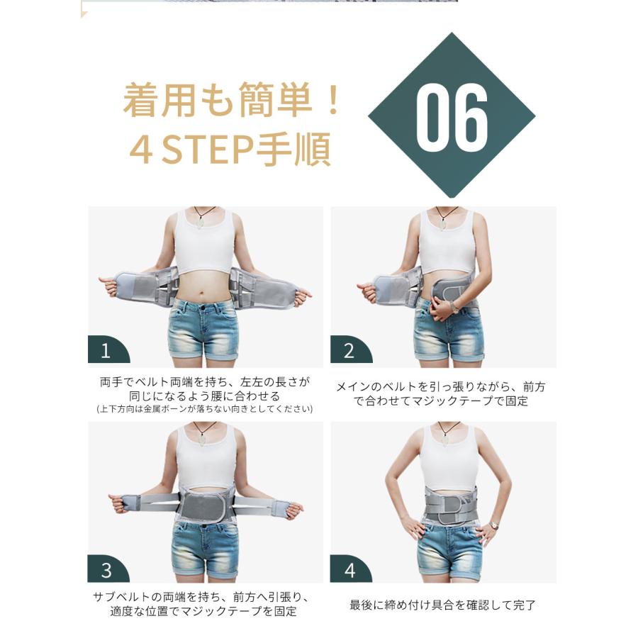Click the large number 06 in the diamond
452,117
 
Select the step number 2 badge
350,349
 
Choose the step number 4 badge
350,569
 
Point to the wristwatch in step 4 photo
494,525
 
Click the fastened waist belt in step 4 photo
449,504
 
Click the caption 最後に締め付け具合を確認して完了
442,605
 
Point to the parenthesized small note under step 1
205,409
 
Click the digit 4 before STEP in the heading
141,150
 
